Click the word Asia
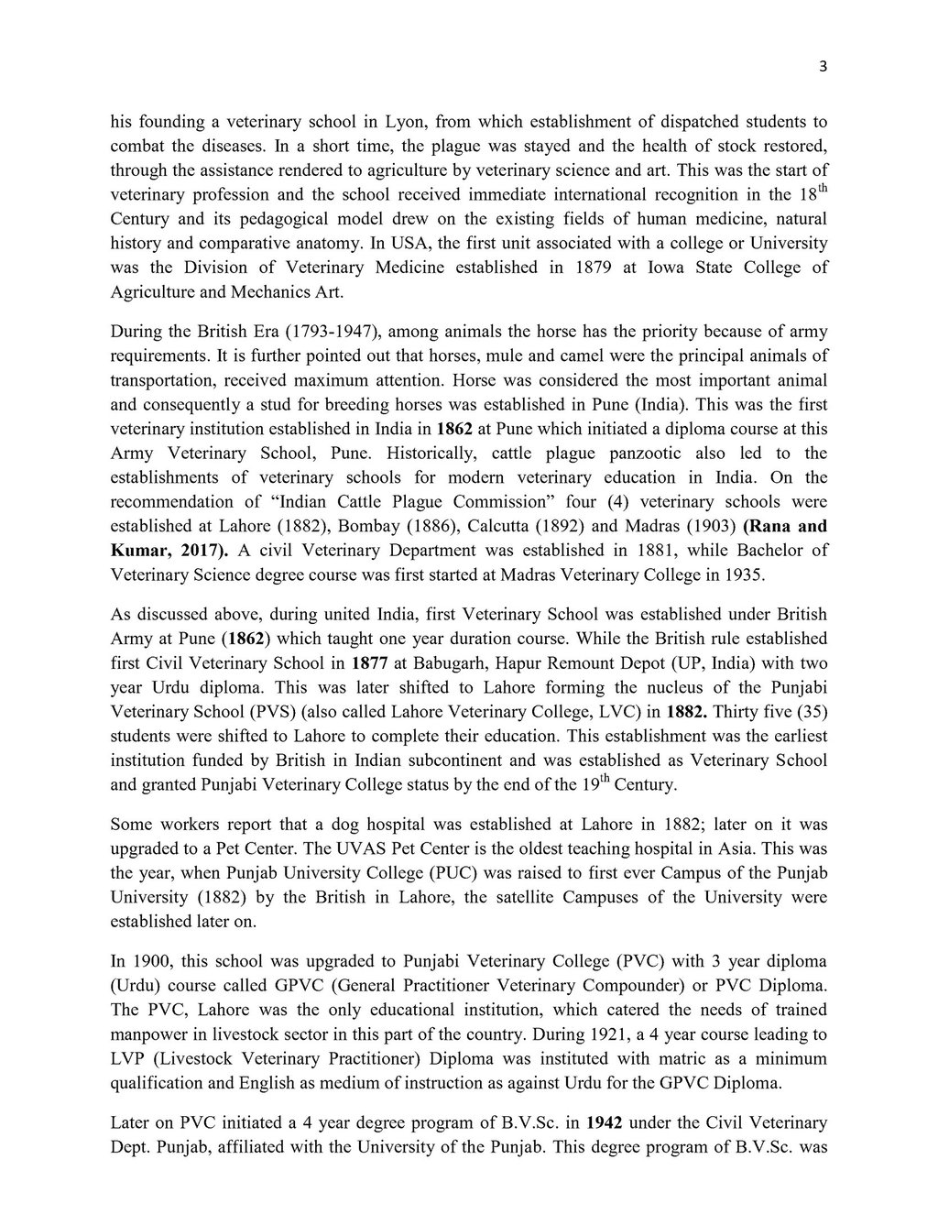(x=723, y=848)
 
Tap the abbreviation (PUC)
(x=480, y=872)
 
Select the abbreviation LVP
(x=128, y=1058)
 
